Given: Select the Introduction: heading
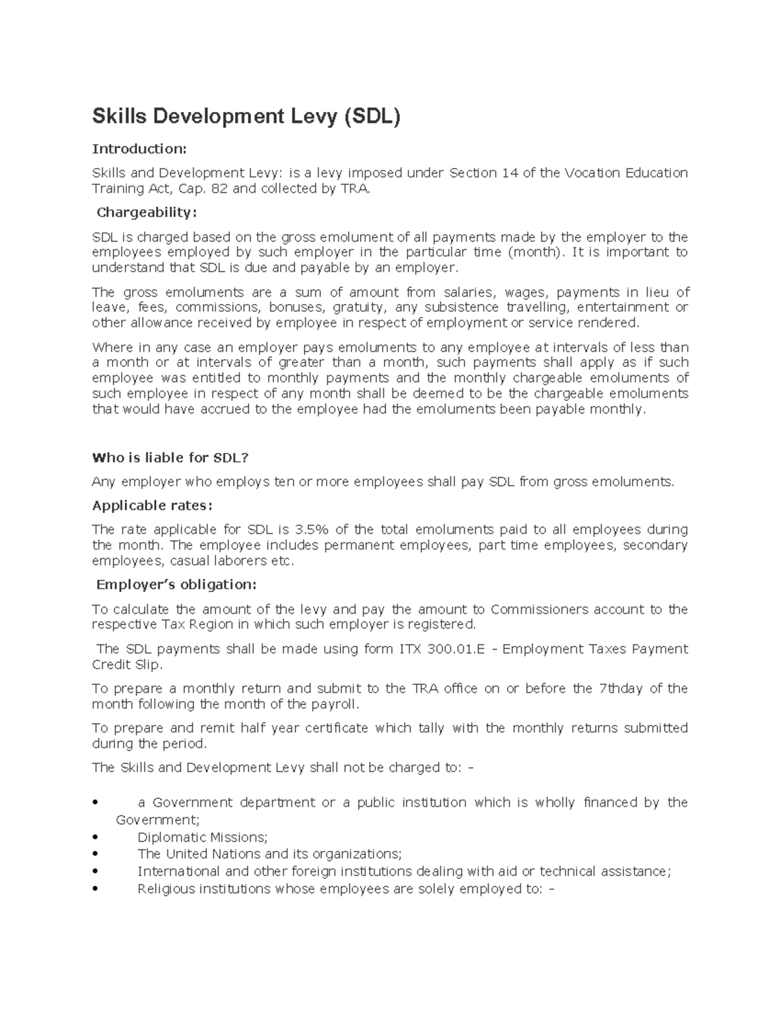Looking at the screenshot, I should (x=139, y=149).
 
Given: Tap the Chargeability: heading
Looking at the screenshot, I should (x=146, y=213).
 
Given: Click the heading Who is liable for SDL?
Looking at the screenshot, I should (x=171, y=458).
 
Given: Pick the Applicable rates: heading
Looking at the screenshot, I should (x=152, y=506).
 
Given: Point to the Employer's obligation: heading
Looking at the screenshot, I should (x=176, y=585).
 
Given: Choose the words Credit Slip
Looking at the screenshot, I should (x=126, y=665).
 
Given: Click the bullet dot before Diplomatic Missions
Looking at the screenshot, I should (x=96, y=837).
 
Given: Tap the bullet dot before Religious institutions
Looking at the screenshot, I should (x=96, y=889).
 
